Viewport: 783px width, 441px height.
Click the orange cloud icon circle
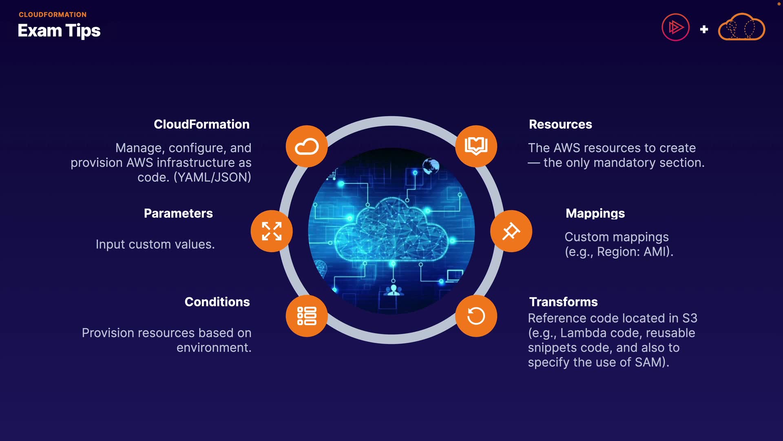(x=307, y=146)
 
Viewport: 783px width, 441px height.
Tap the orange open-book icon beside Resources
(x=476, y=146)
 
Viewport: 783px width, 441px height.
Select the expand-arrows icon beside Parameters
(x=272, y=231)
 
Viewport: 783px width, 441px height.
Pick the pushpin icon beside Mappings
(x=511, y=231)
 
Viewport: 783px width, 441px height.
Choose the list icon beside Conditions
(x=307, y=316)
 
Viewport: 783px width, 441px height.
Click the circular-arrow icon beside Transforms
(x=476, y=316)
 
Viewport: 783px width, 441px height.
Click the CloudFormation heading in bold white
(x=201, y=124)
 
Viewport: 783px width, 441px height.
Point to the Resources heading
(x=560, y=124)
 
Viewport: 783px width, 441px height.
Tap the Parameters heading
(x=178, y=213)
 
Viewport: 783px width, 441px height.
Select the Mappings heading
(x=595, y=213)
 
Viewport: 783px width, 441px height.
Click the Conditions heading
(x=217, y=302)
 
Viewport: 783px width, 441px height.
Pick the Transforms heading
(x=563, y=302)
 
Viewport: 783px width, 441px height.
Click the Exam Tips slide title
(x=59, y=31)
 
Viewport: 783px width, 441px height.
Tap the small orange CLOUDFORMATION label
(x=53, y=15)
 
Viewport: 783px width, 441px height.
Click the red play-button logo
(x=675, y=27)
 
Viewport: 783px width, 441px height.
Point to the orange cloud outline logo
(x=741, y=27)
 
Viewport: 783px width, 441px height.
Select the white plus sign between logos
(x=704, y=29)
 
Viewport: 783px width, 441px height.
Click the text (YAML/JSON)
(x=212, y=177)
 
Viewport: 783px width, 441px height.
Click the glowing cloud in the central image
(x=391, y=231)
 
